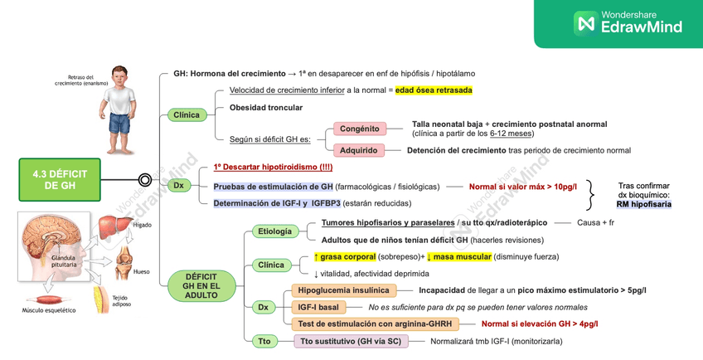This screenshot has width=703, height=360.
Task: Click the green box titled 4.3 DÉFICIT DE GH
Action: point(59,179)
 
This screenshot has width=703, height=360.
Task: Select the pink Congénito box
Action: point(359,129)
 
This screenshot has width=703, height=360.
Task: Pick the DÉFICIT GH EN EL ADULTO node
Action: point(201,285)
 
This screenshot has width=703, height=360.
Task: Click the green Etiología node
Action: point(274,231)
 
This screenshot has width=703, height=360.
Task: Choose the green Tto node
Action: point(264,341)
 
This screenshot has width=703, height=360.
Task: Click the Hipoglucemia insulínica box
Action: point(343,290)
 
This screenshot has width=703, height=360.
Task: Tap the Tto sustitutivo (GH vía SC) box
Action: point(351,341)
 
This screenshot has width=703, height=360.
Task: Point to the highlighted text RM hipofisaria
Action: point(644,203)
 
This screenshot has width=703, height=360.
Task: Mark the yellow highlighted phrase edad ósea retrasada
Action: point(434,90)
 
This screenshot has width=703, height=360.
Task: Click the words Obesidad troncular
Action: point(265,108)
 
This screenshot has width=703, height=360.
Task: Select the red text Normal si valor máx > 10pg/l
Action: point(522,186)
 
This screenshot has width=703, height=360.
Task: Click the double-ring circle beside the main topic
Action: point(144,179)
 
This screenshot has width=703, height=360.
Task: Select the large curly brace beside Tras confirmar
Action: point(591,193)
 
